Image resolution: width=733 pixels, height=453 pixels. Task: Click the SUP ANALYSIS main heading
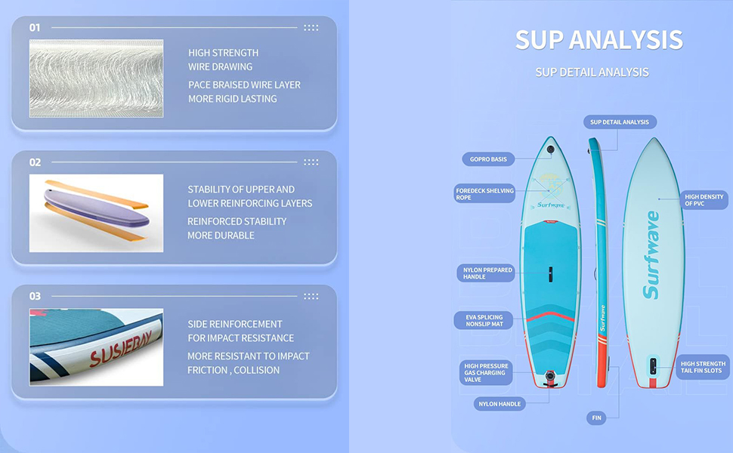pos(598,39)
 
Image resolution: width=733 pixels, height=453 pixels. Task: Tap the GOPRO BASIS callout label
pos(488,159)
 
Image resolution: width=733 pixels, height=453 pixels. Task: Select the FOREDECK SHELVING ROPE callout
pos(484,194)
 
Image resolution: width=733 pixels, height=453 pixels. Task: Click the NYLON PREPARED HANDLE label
pos(487,273)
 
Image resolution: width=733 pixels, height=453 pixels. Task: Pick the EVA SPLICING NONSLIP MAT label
pos(484,320)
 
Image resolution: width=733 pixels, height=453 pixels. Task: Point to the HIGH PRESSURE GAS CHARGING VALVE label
pos(486,372)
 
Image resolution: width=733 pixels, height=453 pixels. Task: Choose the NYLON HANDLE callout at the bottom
pos(499,404)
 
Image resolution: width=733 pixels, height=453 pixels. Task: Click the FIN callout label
pos(595,418)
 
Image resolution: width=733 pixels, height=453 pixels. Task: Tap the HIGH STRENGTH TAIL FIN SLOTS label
pos(703,367)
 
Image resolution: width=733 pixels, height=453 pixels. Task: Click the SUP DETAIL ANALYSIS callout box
pos(620,122)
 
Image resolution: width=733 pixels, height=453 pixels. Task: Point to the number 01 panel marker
pos(35,28)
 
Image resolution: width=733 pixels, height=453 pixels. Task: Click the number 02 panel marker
pos(35,162)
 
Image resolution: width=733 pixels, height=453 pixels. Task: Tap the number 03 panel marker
pos(35,296)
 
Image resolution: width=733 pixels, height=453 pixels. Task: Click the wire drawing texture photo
pos(96,79)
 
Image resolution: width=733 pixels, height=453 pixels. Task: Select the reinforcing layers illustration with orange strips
pos(96,213)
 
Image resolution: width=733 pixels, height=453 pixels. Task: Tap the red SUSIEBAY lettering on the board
pos(122,353)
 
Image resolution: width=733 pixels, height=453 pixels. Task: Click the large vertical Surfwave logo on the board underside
pos(651,254)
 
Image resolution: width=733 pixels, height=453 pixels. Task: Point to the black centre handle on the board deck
pos(550,273)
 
